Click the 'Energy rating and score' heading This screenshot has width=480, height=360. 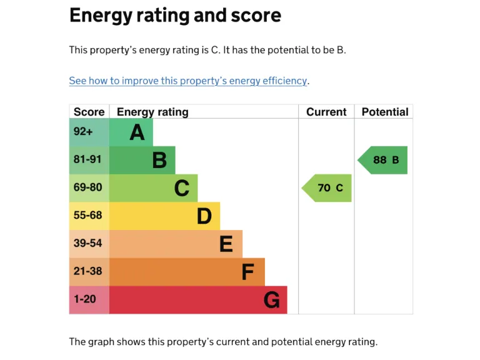(175, 15)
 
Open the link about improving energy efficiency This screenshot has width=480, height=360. (188, 81)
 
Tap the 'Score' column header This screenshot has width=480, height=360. (89, 112)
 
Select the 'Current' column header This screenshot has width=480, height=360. (326, 112)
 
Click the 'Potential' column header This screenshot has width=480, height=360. (384, 112)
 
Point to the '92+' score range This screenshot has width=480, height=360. (83, 132)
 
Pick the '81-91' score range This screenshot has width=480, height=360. (87, 159)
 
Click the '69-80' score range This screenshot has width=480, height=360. (87, 187)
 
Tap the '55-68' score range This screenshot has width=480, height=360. (87, 215)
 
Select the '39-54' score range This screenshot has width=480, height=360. (87, 243)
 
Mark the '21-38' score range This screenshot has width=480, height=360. (87, 271)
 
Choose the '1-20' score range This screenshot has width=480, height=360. (85, 299)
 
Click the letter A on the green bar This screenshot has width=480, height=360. (137, 132)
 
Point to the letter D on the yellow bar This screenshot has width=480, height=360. (204, 216)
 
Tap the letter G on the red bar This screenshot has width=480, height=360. (271, 301)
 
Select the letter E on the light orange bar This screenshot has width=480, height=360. (226, 244)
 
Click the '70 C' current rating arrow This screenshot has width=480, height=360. (327, 188)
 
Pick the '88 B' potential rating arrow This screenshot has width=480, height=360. (383, 160)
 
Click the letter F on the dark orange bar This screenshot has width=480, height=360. (248, 272)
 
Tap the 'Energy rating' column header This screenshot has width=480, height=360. (152, 112)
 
